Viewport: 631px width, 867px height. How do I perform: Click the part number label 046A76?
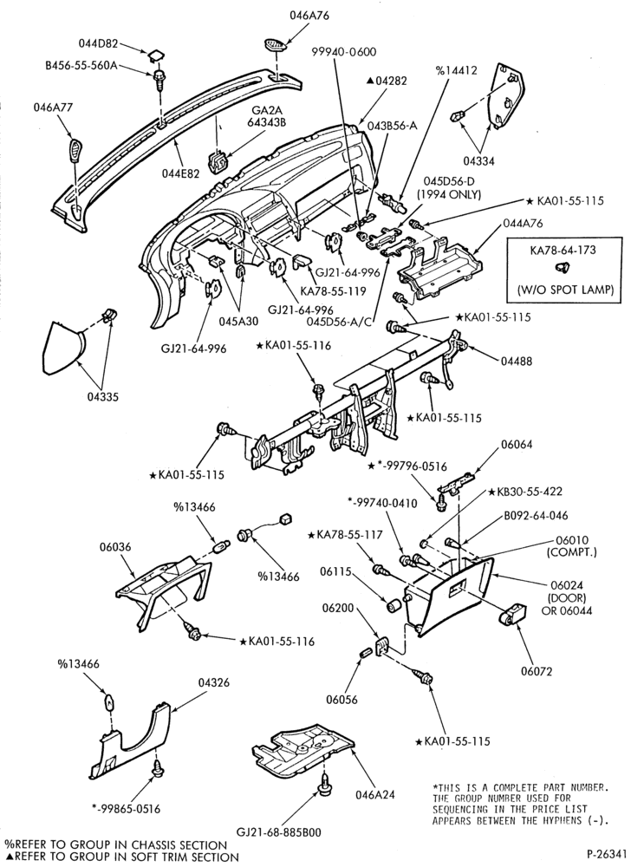(x=309, y=16)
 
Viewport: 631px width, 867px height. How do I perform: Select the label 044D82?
(x=98, y=42)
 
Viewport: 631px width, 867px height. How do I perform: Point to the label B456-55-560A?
(x=81, y=66)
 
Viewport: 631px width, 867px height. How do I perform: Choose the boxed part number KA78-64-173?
(x=563, y=250)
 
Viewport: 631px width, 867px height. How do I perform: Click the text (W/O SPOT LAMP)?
(x=565, y=290)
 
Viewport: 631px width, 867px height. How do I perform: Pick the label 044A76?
(x=523, y=224)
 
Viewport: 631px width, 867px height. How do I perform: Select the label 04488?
(x=517, y=362)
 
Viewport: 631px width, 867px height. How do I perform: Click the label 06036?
(x=115, y=546)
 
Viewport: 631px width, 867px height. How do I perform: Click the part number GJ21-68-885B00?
(x=278, y=832)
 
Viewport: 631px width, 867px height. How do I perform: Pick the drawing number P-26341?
(x=606, y=852)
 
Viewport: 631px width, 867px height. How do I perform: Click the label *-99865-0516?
(x=126, y=809)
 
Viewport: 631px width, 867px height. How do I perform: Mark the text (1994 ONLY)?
(x=449, y=194)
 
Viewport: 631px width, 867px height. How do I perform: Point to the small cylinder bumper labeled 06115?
(x=394, y=605)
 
